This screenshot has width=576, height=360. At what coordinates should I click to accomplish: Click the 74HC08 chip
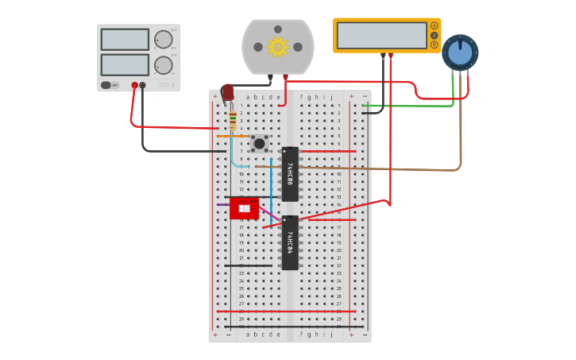(290, 174)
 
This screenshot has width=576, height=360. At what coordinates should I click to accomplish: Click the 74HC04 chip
(290, 242)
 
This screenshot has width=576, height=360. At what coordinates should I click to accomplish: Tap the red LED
(228, 92)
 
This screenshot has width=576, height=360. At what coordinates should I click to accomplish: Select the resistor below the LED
(232, 121)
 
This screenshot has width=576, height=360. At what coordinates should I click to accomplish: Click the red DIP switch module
(244, 208)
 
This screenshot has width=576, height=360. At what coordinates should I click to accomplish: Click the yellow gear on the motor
(277, 47)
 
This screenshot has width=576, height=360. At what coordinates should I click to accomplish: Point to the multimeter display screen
(381, 36)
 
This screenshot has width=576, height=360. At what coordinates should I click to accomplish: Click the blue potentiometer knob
(460, 52)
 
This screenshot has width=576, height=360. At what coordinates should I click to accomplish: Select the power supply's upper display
(125, 40)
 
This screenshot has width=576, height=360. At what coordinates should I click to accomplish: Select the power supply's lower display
(125, 64)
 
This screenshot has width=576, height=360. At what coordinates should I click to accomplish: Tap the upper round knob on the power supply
(163, 40)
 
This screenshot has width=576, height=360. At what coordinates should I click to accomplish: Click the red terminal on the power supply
(134, 85)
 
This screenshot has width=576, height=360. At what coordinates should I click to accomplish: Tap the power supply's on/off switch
(106, 85)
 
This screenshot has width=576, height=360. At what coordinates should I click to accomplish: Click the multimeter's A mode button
(434, 26)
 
